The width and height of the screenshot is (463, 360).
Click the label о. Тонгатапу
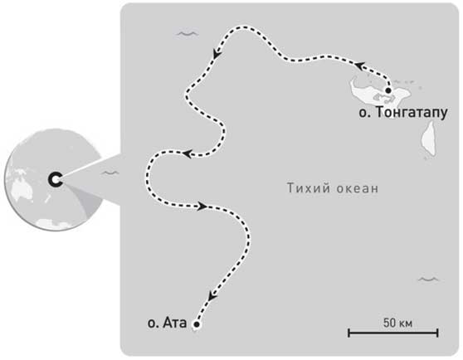click(403, 113)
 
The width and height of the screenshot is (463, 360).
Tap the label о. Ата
click(167, 323)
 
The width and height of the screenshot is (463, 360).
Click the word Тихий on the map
click(305, 188)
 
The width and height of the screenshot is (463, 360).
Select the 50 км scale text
click(397, 323)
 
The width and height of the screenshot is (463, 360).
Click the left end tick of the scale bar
click(349, 333)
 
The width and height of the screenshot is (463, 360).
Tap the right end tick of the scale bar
click(437, 333)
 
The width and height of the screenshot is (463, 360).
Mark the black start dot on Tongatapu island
click(388, 90)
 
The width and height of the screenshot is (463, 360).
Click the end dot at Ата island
click(197, 324)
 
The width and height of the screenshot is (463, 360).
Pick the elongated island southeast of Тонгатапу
click(430, 139)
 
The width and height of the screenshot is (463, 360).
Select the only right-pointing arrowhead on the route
click(202, 206)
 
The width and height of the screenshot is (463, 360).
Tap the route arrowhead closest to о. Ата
click(212, 295)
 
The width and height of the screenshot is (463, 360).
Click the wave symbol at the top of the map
click(187, 34)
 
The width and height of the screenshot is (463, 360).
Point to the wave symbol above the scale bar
click(428, 280)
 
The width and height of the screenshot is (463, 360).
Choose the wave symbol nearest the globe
click(110, 173)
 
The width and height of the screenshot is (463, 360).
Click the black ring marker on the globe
click(56, 179)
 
